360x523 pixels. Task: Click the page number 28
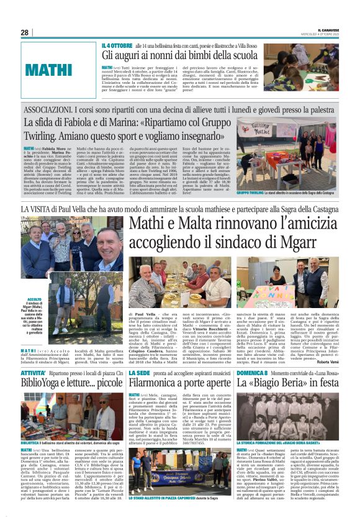(x=25, y=32)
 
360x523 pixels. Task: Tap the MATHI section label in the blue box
(x=50, y=68)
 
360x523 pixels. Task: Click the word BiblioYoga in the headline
(x=47, y=383)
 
